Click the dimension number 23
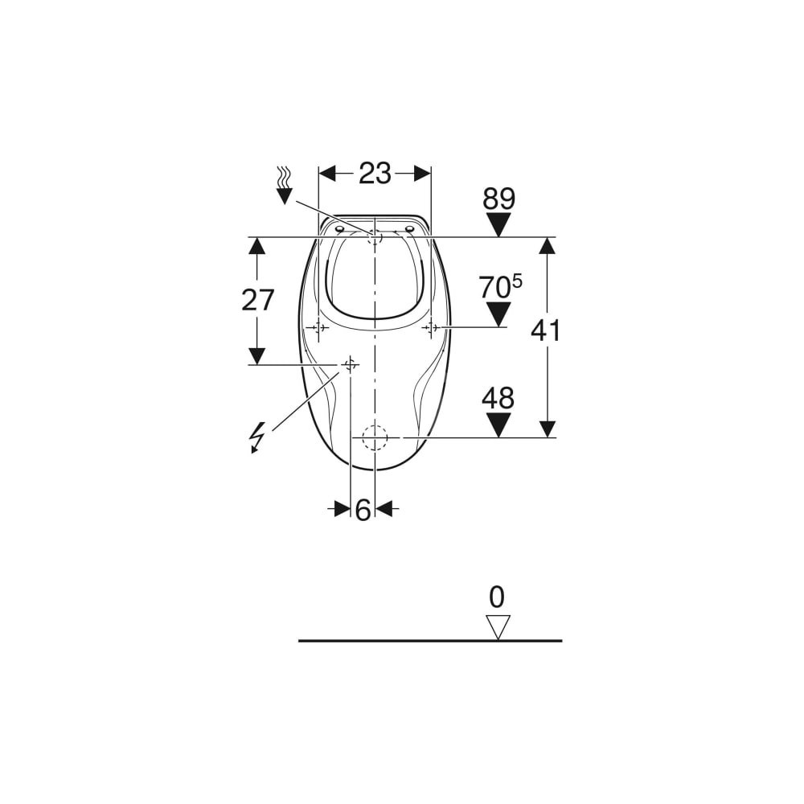point(375,174)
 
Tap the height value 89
point(499,199)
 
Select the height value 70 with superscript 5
point(501,287)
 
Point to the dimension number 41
point(545,330)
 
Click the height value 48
point(498,399)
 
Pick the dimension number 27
point(258,300)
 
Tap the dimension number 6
point(363,511)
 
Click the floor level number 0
point(497,597)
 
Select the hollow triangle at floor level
point(498,627)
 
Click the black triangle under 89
point(498,224)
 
